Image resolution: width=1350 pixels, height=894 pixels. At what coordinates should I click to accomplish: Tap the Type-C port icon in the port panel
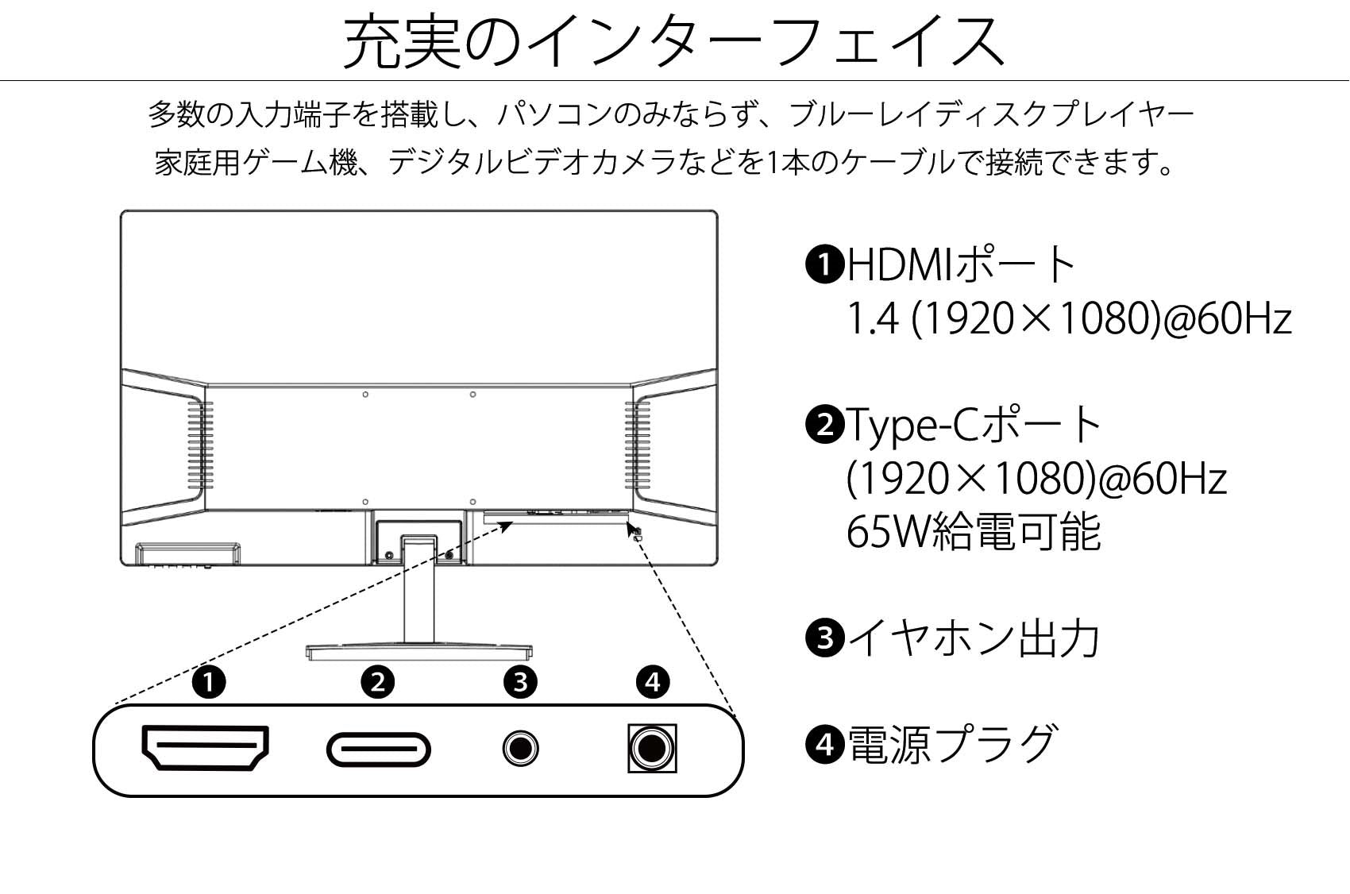[x=378, y=749]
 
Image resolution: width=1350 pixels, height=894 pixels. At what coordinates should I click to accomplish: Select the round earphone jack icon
[x=521, y=748]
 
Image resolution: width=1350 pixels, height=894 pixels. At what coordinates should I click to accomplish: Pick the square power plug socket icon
[x=652, y=748]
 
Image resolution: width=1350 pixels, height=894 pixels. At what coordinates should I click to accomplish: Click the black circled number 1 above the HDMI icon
[x=209, y=682]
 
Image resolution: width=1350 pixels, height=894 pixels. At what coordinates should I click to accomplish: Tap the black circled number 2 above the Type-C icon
[x=378, y=682]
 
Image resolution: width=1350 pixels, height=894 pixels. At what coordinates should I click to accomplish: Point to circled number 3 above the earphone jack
[x=521, y=682]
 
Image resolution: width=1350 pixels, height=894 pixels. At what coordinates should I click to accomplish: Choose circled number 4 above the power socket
[x=653, y=682]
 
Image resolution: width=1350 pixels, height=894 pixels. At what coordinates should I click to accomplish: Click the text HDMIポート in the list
[x=960, y=264]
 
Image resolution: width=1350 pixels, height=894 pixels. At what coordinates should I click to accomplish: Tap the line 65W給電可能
[x=974, y=531]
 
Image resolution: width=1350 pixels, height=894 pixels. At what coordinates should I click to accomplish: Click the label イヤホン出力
[x=974, y=638]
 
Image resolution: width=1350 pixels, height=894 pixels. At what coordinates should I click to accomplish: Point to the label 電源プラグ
[x=952, y=744]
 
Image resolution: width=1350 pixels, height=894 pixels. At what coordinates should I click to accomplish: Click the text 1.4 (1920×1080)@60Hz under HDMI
[x=1069, y=318]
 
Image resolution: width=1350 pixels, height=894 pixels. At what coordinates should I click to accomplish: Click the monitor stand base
[x=419, y=652]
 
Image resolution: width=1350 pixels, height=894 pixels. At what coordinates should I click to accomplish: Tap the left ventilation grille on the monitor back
[x=200, y=445]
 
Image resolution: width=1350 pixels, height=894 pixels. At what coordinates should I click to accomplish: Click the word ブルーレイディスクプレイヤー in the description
[x=991, y=115]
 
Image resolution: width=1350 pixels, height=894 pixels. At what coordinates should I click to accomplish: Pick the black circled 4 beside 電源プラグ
[x=824, y=744]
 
